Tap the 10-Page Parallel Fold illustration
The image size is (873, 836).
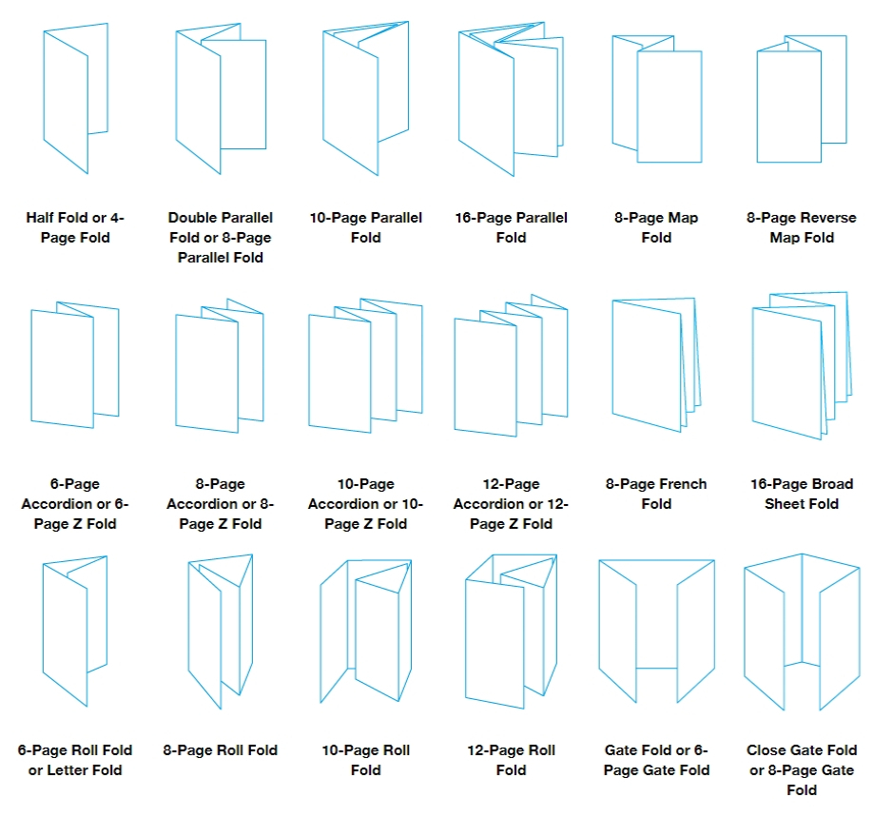click(365, 100)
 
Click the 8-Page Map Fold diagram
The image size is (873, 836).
click(656, 100)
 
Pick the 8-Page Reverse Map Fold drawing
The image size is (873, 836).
click(801, 100)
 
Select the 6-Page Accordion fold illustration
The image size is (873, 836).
click(74, 366)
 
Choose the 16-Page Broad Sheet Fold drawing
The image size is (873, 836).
click(801, 366)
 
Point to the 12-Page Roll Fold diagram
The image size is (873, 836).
click(511, 632)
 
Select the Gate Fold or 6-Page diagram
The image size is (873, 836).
click(656, 632)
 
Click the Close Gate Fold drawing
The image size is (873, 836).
click(801, 632)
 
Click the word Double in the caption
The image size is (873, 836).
click(195, 218)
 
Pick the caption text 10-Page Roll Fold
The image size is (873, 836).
click(365, 760)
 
